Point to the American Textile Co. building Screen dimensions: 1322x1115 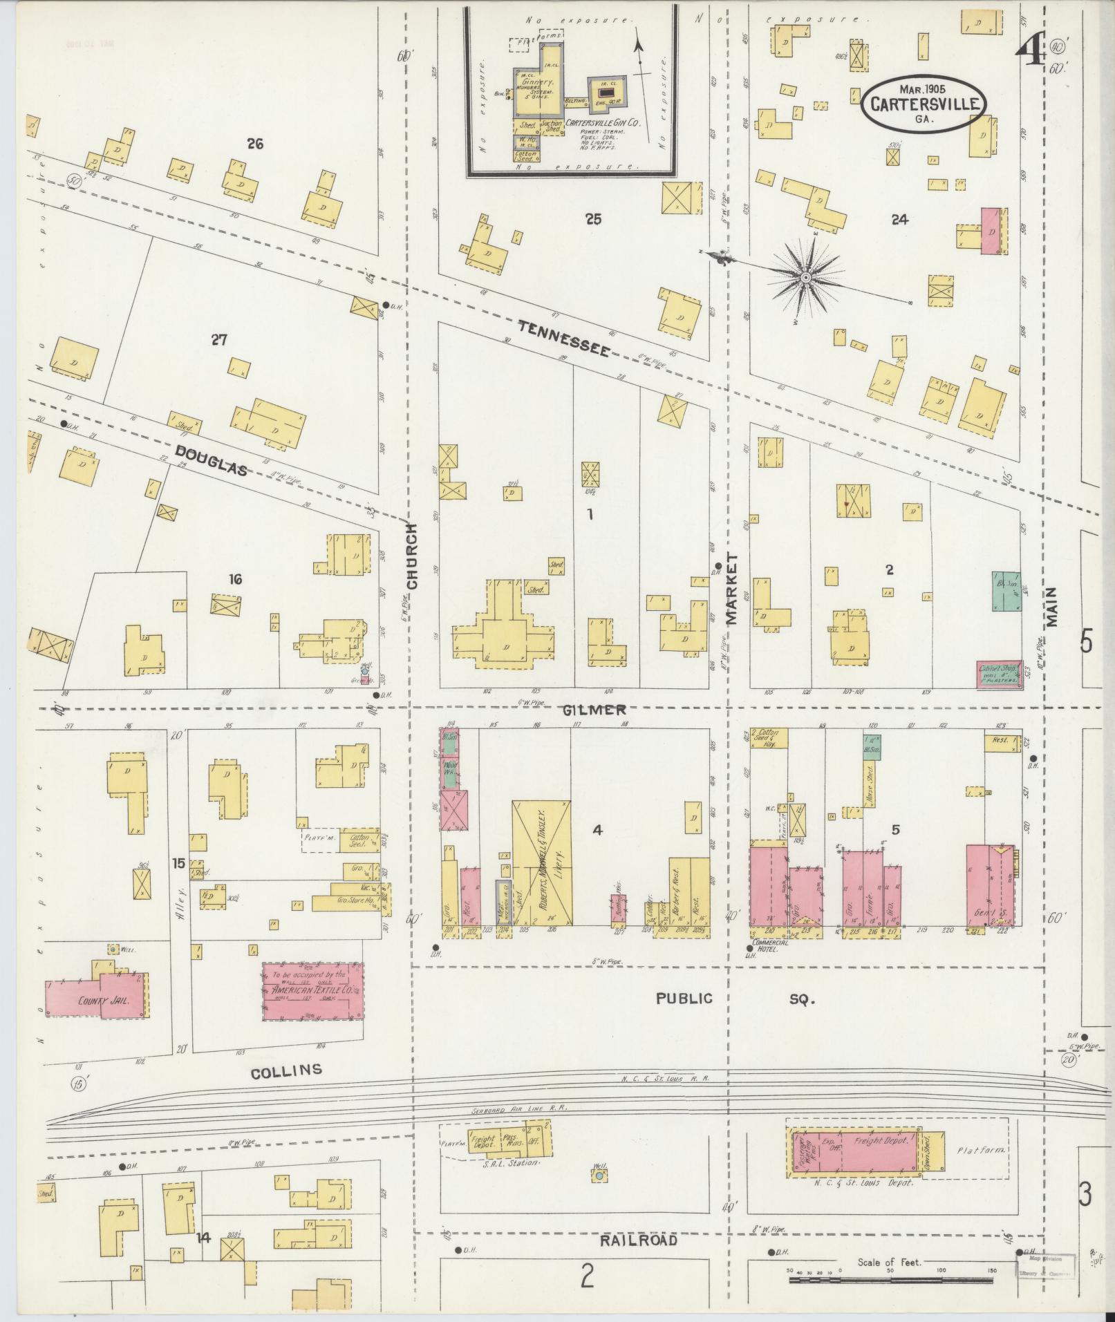[312, 990]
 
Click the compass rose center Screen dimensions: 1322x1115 [806, 277]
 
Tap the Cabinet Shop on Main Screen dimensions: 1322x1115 [999, 674]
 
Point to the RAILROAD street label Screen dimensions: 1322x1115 [638, 1240]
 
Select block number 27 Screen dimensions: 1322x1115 [219, 340]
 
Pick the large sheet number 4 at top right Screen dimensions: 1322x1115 [1031, 48]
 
